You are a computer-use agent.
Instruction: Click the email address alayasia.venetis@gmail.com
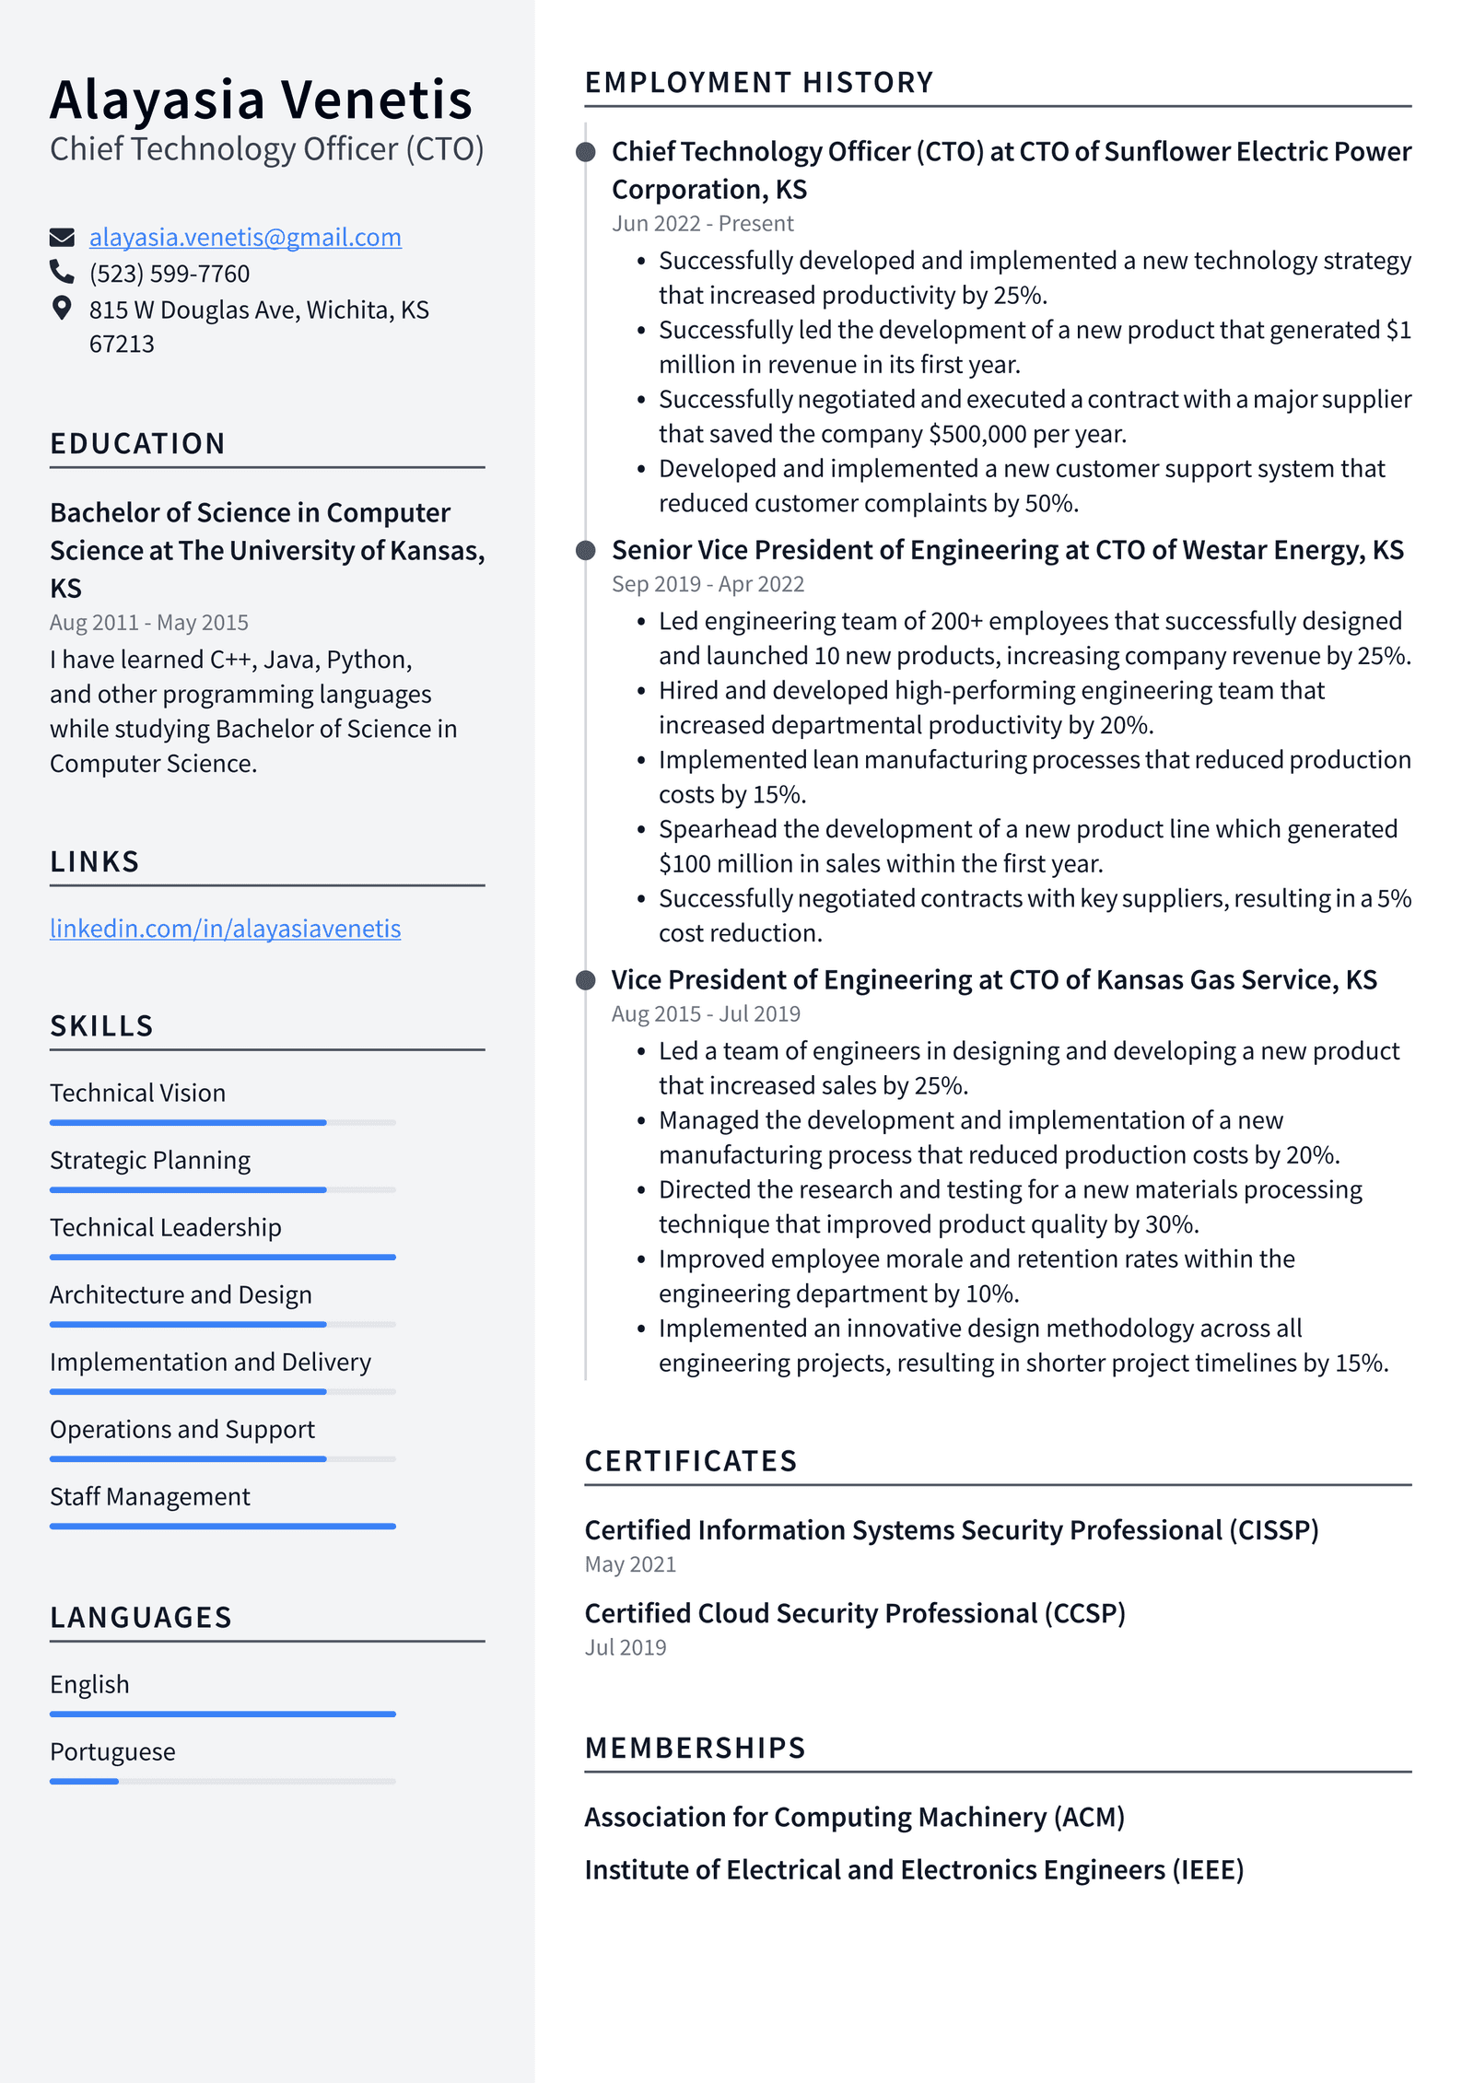pyautogui.click(x=245, y=238)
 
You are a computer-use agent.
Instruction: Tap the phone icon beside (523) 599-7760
pyautogui.click(x=62, y=272)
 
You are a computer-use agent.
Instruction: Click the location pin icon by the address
pyautogui.click(x=62, y=308)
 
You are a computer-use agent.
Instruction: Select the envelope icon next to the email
pyautogui.click(x=62, y=238)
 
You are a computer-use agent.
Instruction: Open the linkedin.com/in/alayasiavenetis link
pyautogui.click(x=225, y=929)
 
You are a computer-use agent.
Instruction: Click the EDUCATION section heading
pyautogui.click(x=137, y=444)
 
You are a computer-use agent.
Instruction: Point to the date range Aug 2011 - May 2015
pyautogui.click(x=149, y=623)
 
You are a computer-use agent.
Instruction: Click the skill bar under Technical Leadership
pyautogui.click(x=222, y=1257)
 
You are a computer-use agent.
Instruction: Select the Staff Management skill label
pyautogui.click(x=149, y=1497)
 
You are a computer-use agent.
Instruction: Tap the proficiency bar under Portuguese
pyautogui.click(x=222, y=1781)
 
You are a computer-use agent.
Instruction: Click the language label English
pyautogui.click(x=89, y=1684)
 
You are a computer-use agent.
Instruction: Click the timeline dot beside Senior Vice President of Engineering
pyautogui.click(x=585, y=551)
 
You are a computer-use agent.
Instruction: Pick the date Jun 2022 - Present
pyautogui.click(x=702, y=224)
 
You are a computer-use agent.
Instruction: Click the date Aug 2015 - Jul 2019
pyautogui.click(x=706, y=1014)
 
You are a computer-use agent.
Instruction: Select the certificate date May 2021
pyautogui.click(x=630, y=1564)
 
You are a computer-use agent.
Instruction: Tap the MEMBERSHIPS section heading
pyautogui.click(x=695, y=1749)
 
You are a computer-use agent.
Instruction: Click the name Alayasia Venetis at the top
pyautogui.click(x=261, y=99)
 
